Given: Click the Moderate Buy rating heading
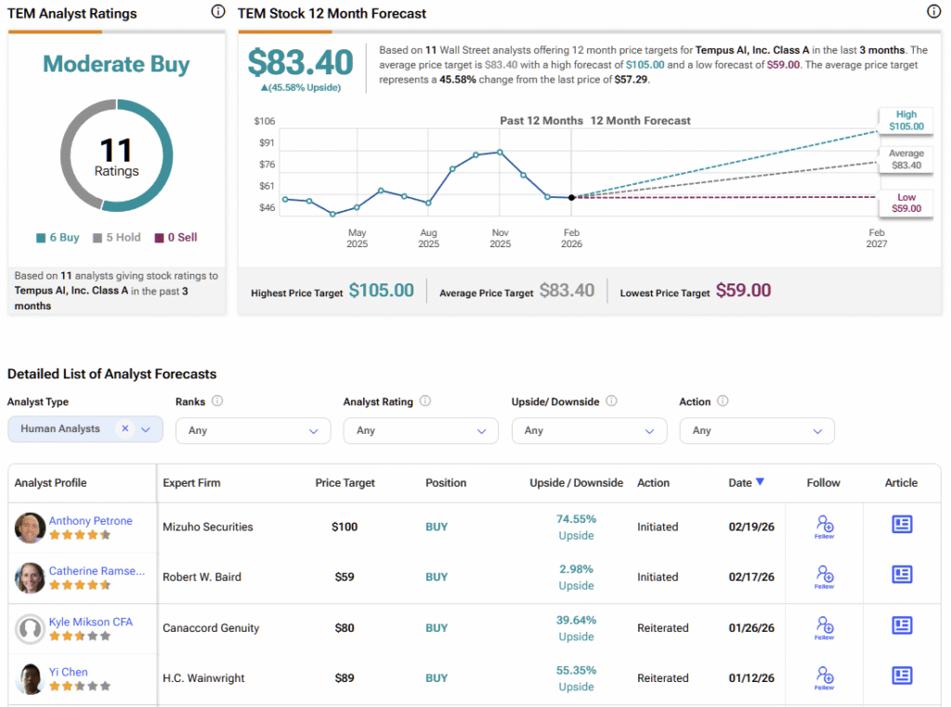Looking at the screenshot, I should (116, 64).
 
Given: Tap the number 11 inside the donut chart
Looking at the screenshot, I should (116, 150).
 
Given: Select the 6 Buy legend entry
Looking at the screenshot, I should (58, 238).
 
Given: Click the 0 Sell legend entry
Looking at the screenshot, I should (176, 238).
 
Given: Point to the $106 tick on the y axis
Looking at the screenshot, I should (264, 121).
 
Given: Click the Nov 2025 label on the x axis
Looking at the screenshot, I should (500, 239).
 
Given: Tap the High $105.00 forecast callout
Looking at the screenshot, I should (905, 121).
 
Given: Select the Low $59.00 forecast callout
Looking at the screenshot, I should (905, 203).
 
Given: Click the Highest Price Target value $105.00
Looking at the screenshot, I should (381, 291).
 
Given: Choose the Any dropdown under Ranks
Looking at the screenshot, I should (253, 431).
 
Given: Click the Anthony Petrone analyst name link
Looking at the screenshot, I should (91, 521).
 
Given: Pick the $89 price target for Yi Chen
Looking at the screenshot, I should (345, 678).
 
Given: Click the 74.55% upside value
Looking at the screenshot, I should (576, 519).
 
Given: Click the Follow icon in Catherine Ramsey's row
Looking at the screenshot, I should (824, 576).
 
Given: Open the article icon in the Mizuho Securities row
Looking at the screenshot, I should (901, 525).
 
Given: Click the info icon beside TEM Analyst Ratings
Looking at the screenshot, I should (217, 12).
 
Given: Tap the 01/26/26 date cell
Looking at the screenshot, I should (752, 628).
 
